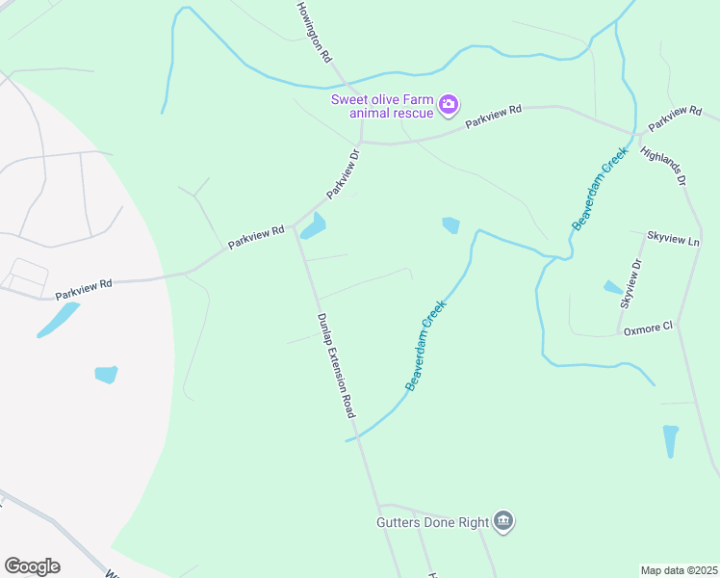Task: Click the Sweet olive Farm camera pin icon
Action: point(448,104)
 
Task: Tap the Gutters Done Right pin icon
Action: point(503,522)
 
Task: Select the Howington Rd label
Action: point(313,33)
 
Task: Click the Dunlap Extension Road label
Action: point(336,365)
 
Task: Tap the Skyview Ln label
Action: point(673,236)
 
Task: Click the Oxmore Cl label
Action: point(648,328)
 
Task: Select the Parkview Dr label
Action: point(342,174)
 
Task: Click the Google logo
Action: point(32,566)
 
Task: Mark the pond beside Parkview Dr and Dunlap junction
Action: point(313,227)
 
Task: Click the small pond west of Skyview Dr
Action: point(612,287)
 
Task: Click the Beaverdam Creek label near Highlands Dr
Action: point(600,188)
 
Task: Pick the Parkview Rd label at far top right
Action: point(675,118)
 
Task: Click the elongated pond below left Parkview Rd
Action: point(58,320)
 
